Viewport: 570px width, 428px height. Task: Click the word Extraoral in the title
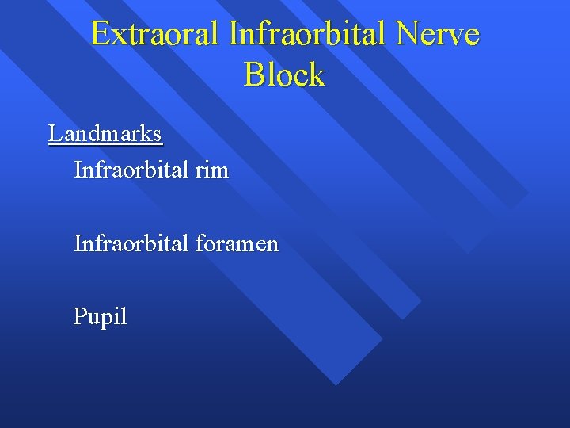[156, 35]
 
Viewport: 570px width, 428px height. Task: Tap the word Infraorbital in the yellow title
[311, 35]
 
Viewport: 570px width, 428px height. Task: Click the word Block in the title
[284, 75]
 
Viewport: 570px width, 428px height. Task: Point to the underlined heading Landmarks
[105, 133]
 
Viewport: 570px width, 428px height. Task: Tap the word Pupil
[100, 317]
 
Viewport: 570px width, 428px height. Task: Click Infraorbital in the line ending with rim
[130, 170]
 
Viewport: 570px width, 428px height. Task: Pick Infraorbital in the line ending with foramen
[130, 243]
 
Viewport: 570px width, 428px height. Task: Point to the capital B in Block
[255, 75]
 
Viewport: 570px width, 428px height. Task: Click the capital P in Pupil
[80, 316]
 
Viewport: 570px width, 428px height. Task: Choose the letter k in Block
[316, 75]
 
